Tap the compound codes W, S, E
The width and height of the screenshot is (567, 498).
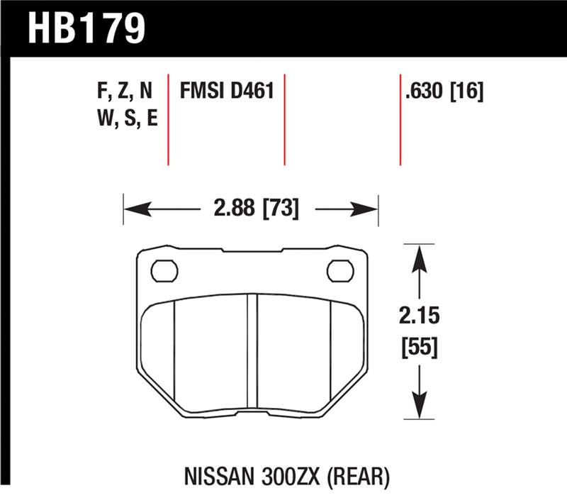click(124, 119)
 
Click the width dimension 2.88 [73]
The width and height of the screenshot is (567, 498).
click(252, 209)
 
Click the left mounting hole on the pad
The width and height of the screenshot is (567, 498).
click(164, 270)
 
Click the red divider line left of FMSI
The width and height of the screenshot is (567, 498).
click(168, 118)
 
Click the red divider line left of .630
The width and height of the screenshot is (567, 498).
click(400, 118)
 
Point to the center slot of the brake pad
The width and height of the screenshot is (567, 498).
click(252, 348)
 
